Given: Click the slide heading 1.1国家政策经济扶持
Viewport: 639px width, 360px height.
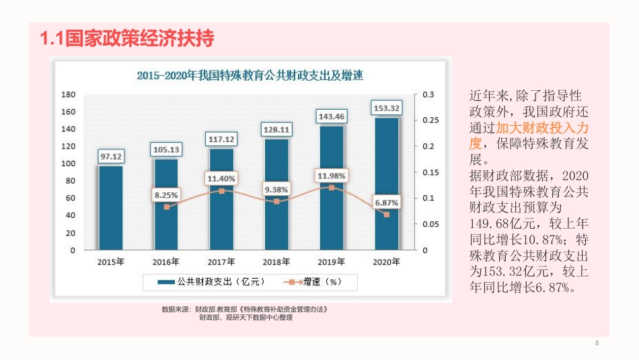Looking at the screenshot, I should pos(127,39).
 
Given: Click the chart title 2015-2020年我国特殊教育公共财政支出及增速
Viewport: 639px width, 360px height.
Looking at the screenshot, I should pos(250,75).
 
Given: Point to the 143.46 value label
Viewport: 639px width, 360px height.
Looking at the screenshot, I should pos(332,116).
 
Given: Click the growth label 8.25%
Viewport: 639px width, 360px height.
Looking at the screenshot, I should pos(166,195).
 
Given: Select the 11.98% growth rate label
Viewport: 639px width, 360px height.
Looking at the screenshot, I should pos(332,176).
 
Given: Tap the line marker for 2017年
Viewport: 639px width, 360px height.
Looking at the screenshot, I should pos(221,191).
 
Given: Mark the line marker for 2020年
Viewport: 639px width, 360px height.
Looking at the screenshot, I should pos(386,215).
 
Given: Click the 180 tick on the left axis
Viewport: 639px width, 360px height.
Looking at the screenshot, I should pos(68,94).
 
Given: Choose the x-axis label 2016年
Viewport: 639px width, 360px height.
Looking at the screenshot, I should pos(166,262).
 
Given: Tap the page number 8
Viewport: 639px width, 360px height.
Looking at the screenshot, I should pos(597,344).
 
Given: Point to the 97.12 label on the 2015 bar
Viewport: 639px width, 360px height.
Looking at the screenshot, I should pos(111,157).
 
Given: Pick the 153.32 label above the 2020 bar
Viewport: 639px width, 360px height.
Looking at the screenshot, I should pos(386,108).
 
